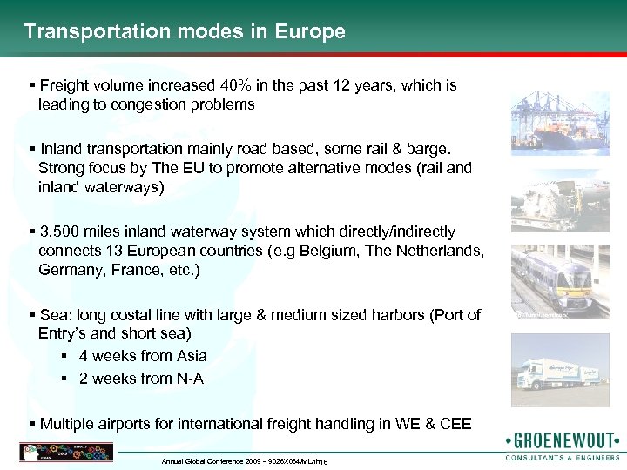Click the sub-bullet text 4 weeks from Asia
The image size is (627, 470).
click(x=143, y=356)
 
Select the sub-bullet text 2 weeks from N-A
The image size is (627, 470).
click(x=141, y=379)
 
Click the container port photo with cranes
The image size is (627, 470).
click(x=554, y=125)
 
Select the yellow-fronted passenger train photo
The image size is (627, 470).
click(x=554, y=279)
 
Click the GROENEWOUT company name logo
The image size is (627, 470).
click(x=562, y=440)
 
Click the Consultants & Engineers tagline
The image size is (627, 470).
click(x=563, y=457)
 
